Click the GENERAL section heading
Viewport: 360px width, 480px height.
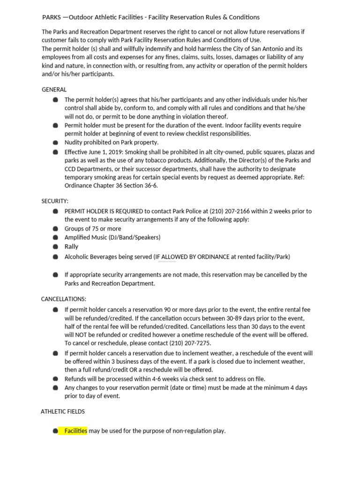(54, 90)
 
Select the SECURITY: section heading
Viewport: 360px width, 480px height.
(55, 201)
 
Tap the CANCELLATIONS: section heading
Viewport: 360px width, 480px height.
(63, 299)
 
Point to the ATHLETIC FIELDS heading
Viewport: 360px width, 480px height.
(63, 412)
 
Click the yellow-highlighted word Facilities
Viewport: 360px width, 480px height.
(76, 431)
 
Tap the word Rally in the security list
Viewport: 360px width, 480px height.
(71, 247)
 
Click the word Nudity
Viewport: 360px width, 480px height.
(74, 142)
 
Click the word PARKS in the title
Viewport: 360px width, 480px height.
(51, 17)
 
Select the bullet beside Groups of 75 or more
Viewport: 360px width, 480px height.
(55, 229)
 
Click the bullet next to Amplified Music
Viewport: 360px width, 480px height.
(55, 238)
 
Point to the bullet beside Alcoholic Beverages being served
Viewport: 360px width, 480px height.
(55, 257)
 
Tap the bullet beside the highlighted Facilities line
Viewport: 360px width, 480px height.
(55, 431)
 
